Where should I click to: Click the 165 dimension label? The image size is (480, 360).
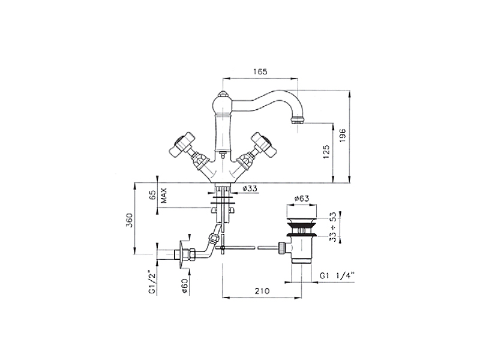260,71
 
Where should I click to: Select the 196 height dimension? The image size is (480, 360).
343,135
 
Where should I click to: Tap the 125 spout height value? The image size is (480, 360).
326,152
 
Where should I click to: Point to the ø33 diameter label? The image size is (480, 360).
250,188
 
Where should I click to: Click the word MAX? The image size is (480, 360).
164,196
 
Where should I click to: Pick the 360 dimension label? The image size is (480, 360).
130,220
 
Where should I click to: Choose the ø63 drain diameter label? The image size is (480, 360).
302,199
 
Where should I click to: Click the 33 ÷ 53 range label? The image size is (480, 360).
333,227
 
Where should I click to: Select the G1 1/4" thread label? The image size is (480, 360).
337,275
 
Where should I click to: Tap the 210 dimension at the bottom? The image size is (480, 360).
262,290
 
